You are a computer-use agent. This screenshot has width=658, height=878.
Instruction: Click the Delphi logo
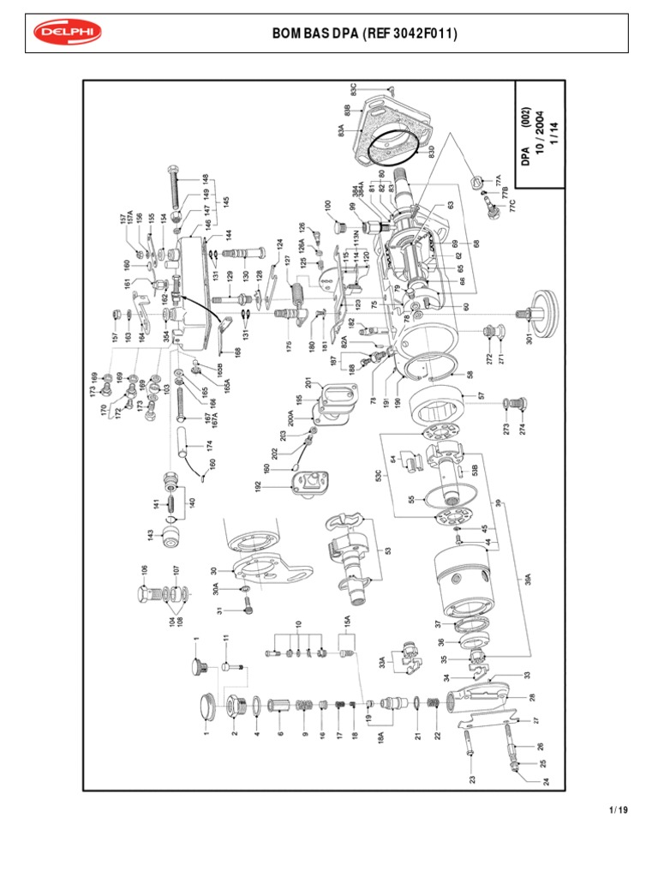pos(67,33)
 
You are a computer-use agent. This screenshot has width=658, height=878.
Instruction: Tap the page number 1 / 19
pos(618,809)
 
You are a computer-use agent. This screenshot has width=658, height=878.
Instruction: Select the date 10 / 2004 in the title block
pos(539,132)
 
